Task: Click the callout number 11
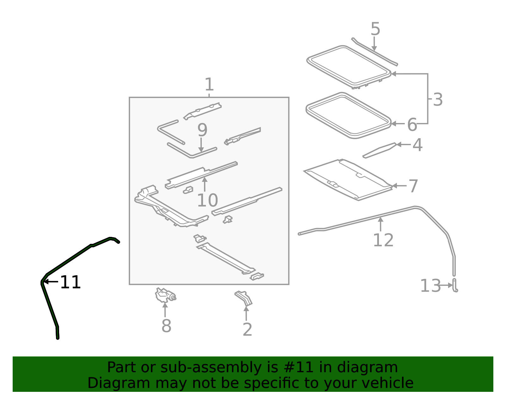70,282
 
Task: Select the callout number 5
375,29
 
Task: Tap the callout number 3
438,100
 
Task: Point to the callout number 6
412,125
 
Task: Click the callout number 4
417,145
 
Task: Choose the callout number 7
413,186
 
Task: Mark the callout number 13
430,286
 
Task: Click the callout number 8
166,326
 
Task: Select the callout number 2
247,330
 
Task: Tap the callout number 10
207,200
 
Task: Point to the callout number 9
202,130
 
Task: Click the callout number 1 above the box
209,84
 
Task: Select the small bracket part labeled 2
244,298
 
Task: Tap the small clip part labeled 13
455,286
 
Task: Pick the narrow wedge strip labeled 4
379,150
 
